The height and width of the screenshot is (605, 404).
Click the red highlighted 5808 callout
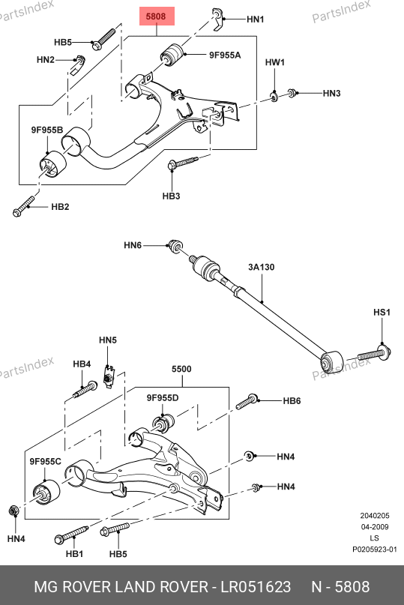click(157, 16)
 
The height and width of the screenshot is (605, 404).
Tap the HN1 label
click(255, 19)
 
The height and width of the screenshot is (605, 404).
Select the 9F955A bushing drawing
click(172, 55)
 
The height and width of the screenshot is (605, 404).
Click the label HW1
click(275, 62)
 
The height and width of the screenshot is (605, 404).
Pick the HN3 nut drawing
click(292, 93)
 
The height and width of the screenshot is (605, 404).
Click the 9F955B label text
click(46, 130)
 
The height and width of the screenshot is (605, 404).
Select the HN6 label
click(133, 245)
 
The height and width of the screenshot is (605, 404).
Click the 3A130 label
click(262, 267)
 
